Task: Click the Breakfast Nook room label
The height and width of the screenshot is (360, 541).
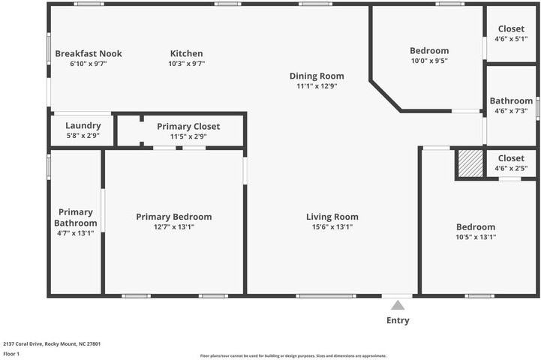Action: pyautogui.click(x=89, y=54)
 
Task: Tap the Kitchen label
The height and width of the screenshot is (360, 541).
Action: pyautogui.click(x=186, y=54)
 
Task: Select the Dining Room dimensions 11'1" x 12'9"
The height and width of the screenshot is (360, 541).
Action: pyautogui.click(x=317, y=86)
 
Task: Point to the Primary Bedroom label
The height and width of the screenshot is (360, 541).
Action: pyautogui.click(x=173, y=217)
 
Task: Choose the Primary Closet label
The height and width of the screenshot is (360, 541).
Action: pyautogui.click(x=188, y=127)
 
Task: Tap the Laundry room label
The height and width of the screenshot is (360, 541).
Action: pyautogui.click(x=83, y=126)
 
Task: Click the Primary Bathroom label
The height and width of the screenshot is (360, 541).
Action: pyautogui.click(x=76, y=217)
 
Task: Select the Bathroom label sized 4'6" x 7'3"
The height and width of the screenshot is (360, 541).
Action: pyautogui.click(x=511, y=101)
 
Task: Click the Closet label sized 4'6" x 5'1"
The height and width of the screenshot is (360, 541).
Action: pyautogui.click(x=511, y=29)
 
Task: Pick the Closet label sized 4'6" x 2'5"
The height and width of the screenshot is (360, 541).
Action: pyautogui.click(x=511, y=158)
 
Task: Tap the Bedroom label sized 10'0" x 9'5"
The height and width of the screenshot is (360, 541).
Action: pyautogui.click(x=429, y=51)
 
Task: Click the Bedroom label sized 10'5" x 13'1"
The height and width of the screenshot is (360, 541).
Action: pyautogui.click(x=476, y=227)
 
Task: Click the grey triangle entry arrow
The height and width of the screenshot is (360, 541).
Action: pyautogui.click(x=398, y=305)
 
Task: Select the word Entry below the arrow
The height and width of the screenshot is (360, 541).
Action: pyautogui.click(x=398, y=321)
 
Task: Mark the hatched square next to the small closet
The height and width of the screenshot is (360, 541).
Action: pyautogui.click(x=470, y=163)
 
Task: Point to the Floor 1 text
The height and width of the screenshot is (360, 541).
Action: pyautogui.click(x=11, y=353)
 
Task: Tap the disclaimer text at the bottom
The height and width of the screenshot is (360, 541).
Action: pyautogui.click(x=293, y=355)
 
